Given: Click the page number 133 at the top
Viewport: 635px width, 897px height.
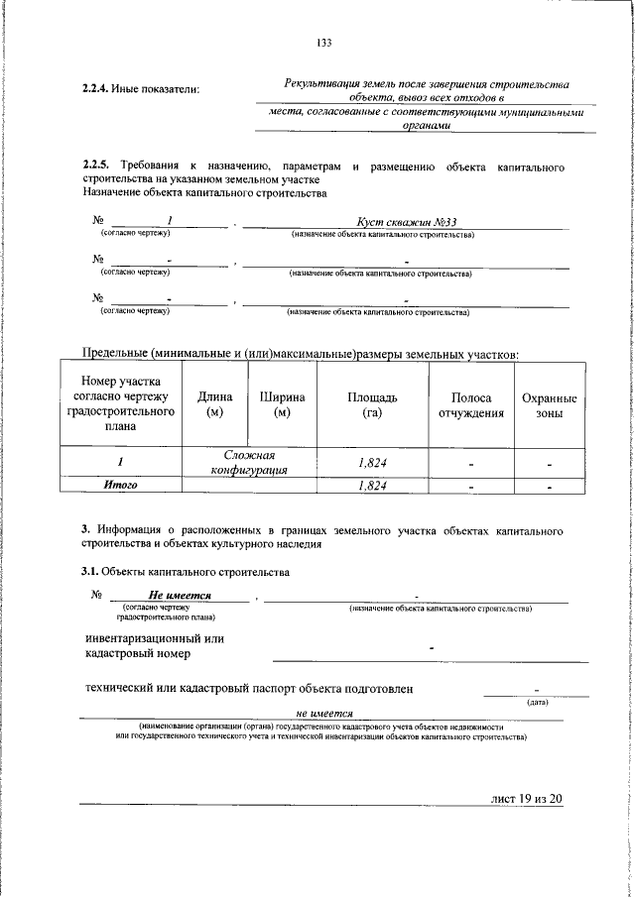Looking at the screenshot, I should tap(323, 42).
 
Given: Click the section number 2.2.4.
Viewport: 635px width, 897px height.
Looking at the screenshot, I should tap(96, 91).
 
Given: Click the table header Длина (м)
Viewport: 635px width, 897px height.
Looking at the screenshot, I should tap(215, 404).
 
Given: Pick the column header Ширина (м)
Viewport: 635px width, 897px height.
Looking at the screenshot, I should tap(282, 404).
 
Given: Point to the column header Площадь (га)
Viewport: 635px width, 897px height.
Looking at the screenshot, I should tap(372, 404).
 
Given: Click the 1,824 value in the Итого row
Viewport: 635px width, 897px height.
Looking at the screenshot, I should tap(372, 486).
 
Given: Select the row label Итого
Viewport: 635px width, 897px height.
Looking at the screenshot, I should tap(121, 486).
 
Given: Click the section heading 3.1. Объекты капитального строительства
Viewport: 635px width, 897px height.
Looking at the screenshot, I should tap(185, 572).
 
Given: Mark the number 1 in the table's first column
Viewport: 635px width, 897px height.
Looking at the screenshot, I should tap(120, 462).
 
